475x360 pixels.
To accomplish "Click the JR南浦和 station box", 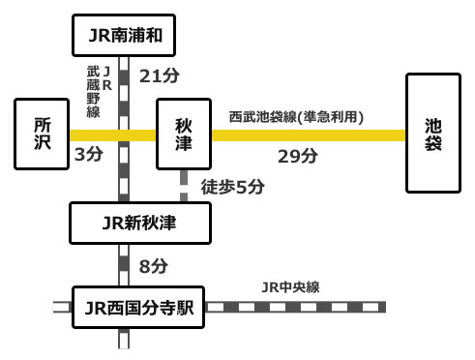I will pyautogui.click(x=124, y=37).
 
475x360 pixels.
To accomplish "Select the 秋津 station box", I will pyautogui.click(x=183, y=134).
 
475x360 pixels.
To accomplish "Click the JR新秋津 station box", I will pyautogui.click(x=139, y=224).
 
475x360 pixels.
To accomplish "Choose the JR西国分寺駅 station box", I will pyautogui.click(x=139, y=309).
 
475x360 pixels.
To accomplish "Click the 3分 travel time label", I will pyautogui.click(x=88, y=154).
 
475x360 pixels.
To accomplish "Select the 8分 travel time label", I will pyautogui.click(x=153, y=264).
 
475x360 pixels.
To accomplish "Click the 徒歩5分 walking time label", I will pyautogui.click(x=230, y=187).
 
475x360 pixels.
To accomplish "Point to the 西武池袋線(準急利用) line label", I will pyautogui.click(x=295, y=117).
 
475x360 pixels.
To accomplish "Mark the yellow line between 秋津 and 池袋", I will pyautogui.click(x=308, y=136).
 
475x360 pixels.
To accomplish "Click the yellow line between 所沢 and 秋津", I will pyautogui.click(x=113, y=136).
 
